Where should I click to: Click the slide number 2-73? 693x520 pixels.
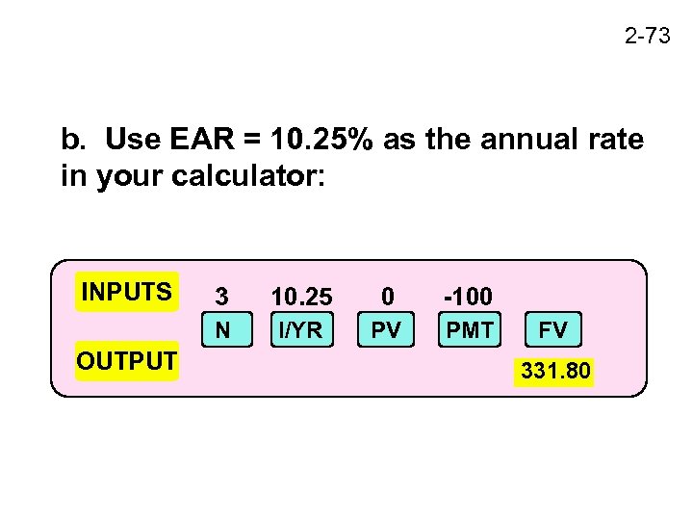(646, 37)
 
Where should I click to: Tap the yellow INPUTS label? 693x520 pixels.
(127, 292)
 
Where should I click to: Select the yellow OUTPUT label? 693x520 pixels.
(127, 361)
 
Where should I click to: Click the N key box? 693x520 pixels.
(222, 330)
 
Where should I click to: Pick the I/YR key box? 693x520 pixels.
(299, 330)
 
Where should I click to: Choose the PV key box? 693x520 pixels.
(386, 330)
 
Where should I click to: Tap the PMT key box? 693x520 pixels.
(470, 330)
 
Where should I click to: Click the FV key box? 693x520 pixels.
(552, 330)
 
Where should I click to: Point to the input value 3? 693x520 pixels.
(222, 295)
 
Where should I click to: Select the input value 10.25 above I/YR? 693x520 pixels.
(301, 295)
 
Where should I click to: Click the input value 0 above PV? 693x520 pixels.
(386, 295)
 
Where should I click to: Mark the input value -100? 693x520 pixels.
(468, 295)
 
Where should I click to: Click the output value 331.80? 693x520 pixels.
(556, 370)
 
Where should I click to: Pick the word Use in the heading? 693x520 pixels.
(127, 141)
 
